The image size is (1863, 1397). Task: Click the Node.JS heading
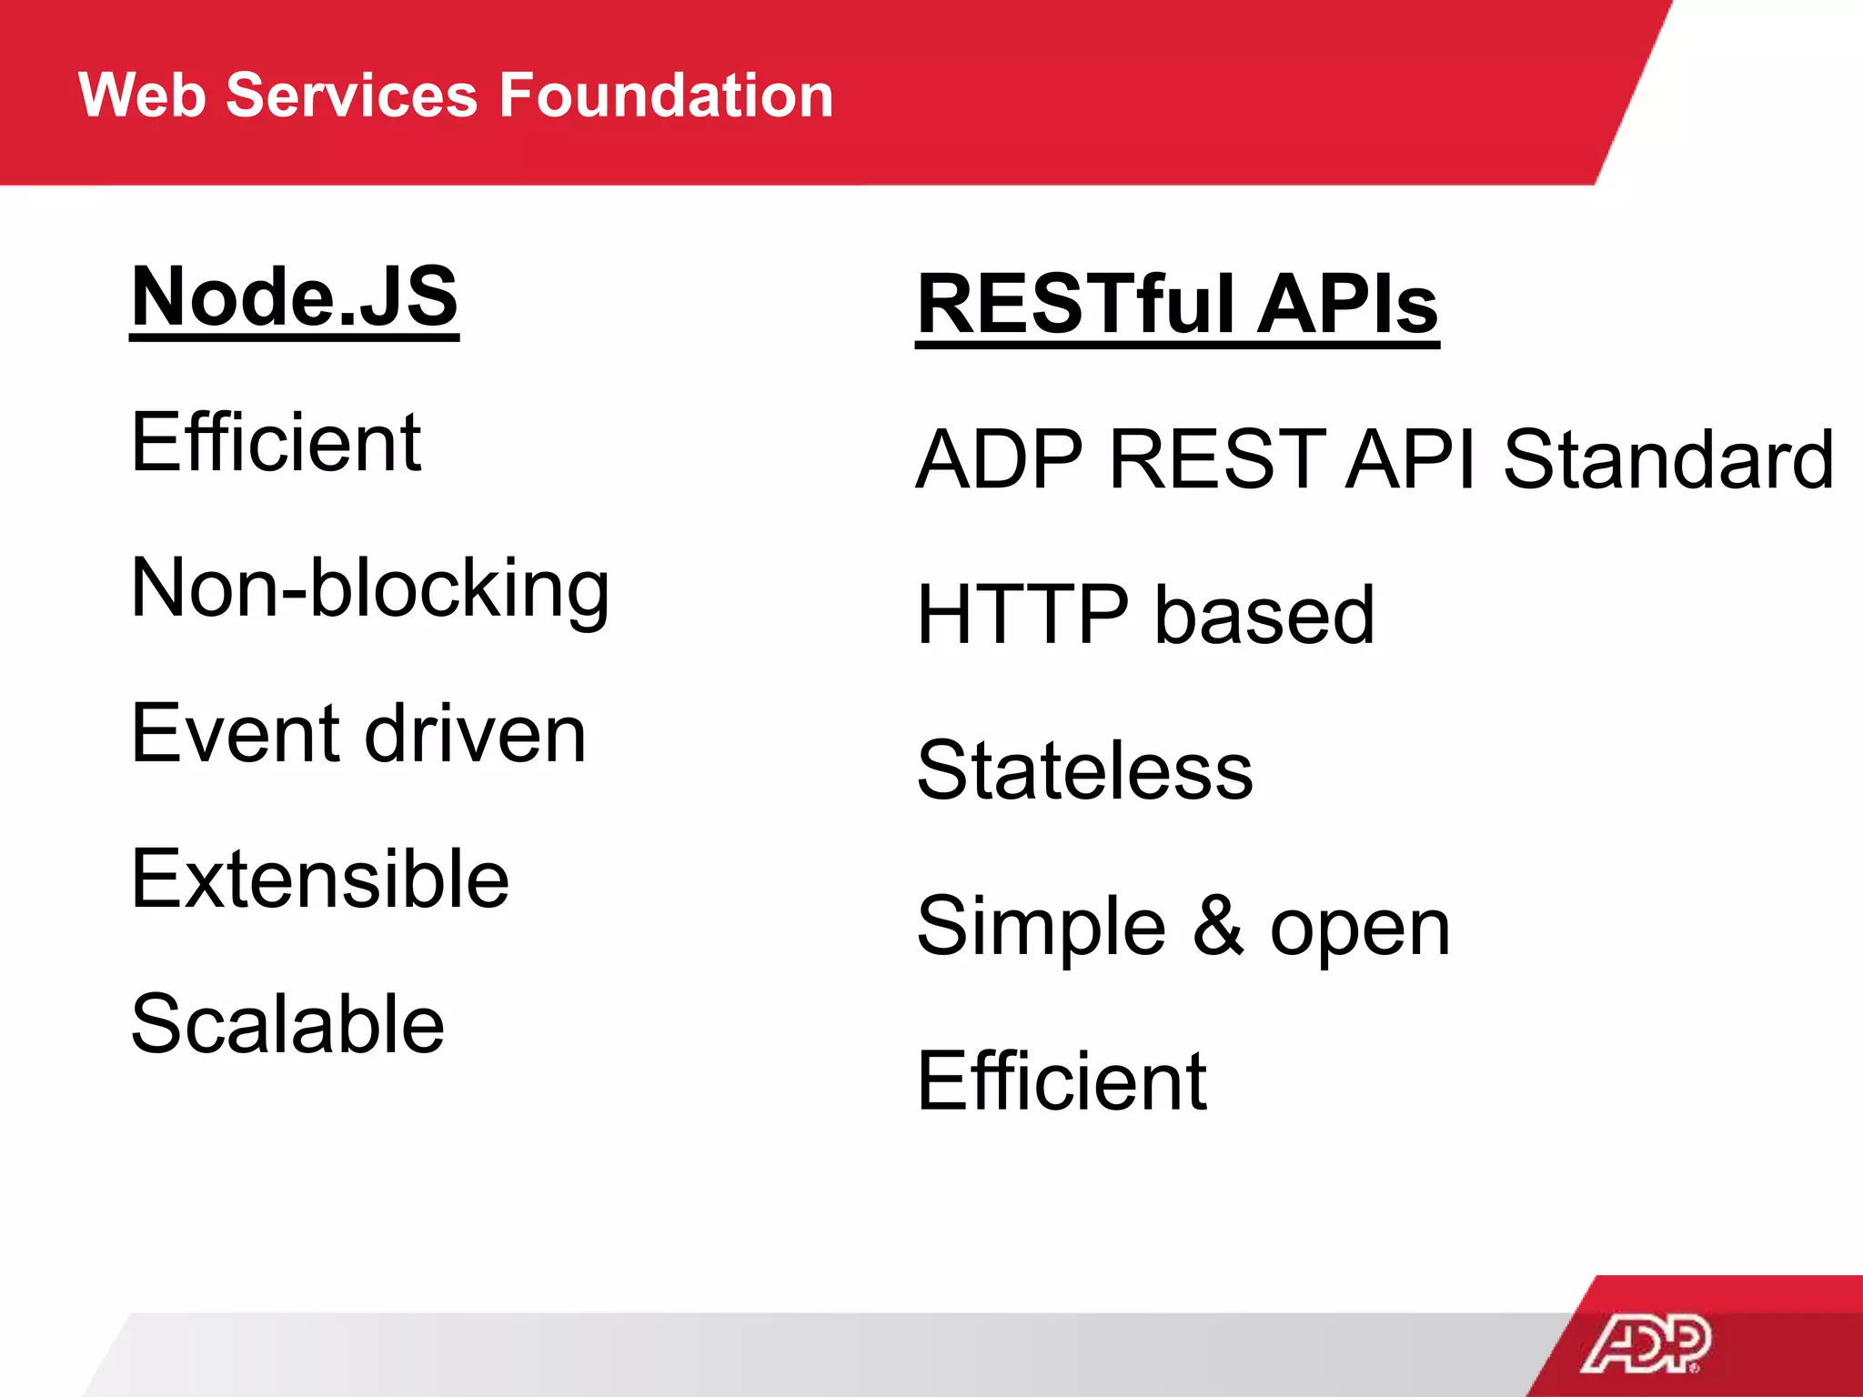294,297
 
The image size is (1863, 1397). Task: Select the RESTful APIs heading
1177,305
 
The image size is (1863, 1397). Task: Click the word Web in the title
142,95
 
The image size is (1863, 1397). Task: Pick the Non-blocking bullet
369,589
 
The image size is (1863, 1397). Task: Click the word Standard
1667,459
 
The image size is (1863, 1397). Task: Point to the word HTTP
1022,616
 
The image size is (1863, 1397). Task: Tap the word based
1264,616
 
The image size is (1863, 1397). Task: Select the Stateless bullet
1084,771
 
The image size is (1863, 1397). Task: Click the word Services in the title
351,95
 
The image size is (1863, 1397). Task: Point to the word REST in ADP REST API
1216,459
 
